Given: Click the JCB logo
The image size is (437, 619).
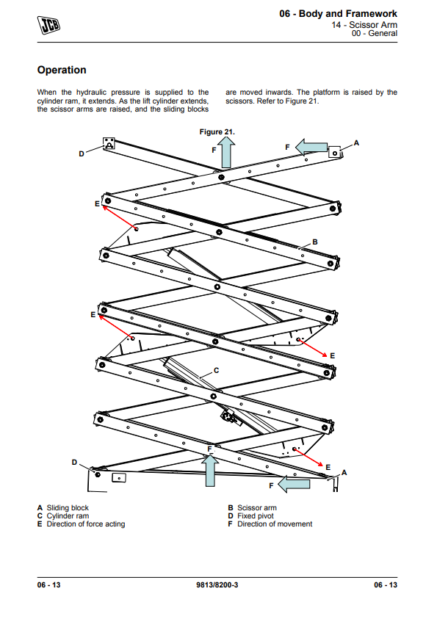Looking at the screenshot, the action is (x=49, y=25).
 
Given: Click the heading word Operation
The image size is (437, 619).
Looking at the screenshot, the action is (x=62, y=70).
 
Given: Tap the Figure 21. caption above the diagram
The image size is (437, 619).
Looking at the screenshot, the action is (x=217, y=132).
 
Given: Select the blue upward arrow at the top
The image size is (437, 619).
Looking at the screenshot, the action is (x=227, y=153).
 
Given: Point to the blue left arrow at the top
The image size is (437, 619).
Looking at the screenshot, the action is (x=311, y=148).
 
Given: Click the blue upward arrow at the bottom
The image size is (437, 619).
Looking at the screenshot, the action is (x=210, y=470).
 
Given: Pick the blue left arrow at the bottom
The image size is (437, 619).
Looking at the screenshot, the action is (x=294, y=484).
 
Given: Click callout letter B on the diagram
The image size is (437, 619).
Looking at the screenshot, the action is (x=315, y=242).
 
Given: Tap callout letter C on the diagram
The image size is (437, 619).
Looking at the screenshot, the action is (x=217, y=370).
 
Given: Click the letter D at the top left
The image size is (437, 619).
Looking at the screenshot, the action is (x=82, y=153).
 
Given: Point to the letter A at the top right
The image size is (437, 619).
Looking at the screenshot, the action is (x=356, y=143).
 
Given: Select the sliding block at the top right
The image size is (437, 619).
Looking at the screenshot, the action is (x=335, y=152).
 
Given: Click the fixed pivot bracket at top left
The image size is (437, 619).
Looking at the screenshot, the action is (x=109, y=143).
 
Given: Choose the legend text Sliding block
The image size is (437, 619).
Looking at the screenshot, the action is (x=68, y=507).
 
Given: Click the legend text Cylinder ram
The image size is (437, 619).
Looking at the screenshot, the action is (x=68, y=516).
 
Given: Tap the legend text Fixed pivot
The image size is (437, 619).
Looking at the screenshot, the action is (x=256, y=516).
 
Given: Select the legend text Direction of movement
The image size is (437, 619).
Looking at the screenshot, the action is (x=275, y=524).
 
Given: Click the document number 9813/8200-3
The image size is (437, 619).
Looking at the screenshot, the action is (x=217, y=585).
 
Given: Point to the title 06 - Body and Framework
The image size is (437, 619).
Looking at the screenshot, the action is (x=339, y=14).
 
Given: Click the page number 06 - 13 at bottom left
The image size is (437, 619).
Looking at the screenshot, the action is (x=49, y=585).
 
